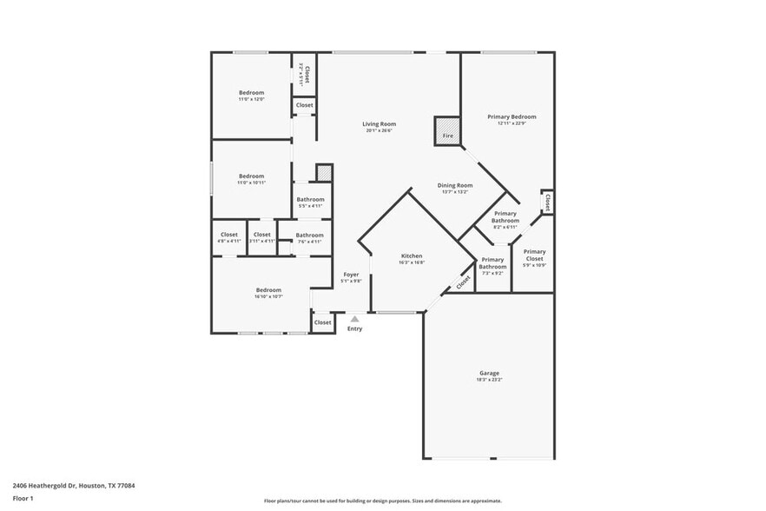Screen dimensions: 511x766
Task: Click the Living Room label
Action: click(378, 124)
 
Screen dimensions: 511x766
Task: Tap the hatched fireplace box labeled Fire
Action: click(447, 129)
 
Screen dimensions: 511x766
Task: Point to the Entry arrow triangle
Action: click(354, 319)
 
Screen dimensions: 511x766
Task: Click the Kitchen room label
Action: click(412, 256)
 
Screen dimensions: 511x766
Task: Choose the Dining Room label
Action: click(454, 185)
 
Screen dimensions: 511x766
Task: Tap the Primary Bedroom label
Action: click(511, 116)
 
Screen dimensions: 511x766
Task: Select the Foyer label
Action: click(350, 275)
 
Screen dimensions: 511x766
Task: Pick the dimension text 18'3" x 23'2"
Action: click(488, 380)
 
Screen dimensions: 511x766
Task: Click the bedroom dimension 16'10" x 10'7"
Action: click(268, 296)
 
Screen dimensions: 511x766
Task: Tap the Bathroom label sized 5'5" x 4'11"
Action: click(310, 200)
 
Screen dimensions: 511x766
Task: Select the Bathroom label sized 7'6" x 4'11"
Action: click(309, 236)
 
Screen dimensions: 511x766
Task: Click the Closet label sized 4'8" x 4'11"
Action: click(229, 235)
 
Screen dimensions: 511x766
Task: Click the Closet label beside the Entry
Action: click(322, 322)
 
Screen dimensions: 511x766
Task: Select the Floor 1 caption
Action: click(23, 498)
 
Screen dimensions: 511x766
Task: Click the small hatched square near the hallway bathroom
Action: click(324, 173)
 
